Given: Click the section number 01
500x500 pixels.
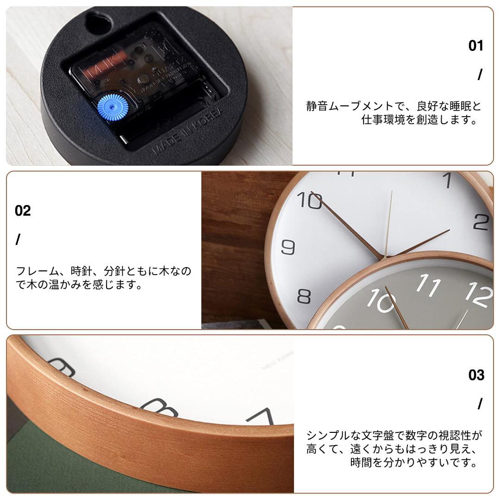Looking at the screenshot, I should click(475, 46).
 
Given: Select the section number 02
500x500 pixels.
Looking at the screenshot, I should click(23, 211).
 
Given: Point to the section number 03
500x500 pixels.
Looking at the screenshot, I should click(476, 375).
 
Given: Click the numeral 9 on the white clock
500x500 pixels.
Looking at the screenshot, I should click(288, 247).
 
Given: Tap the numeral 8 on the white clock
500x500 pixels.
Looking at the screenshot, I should click(304, 296).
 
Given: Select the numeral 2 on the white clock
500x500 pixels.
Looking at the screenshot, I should click(481, 222).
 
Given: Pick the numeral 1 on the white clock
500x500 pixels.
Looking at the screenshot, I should click(447, 181).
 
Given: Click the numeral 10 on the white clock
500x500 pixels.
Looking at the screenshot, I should click(309, 201).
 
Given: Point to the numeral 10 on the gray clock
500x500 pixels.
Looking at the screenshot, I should click(381, 301).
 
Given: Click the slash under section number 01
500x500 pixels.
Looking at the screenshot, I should click(480, 75).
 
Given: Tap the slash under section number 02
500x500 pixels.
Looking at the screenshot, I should click(18, 240).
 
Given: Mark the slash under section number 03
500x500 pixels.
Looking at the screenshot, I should click(480, 404).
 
